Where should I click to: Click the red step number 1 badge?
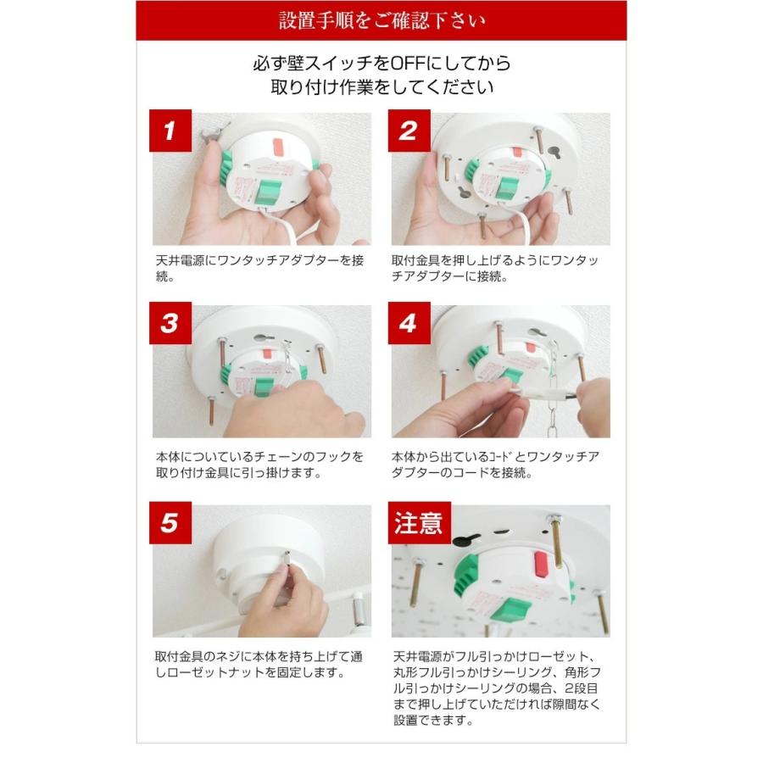click(170, 131)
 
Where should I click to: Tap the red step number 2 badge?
click(409, 131)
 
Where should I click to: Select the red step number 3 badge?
click(170, 323)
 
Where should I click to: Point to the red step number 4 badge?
click(409, 323)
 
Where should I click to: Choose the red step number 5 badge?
click(170, 522)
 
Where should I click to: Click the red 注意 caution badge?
click(419, 522)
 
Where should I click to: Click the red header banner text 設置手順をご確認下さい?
click(382, 20)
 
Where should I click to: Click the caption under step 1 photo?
click(259, 268)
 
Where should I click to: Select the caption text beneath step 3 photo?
click(259, 465)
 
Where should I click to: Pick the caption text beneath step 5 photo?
click(259, 665)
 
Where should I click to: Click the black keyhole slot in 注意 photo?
click(466, 538)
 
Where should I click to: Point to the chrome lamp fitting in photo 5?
click(359, 608)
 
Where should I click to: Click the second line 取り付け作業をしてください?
click(382, 87)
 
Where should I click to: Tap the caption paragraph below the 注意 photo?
click(497, 688)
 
